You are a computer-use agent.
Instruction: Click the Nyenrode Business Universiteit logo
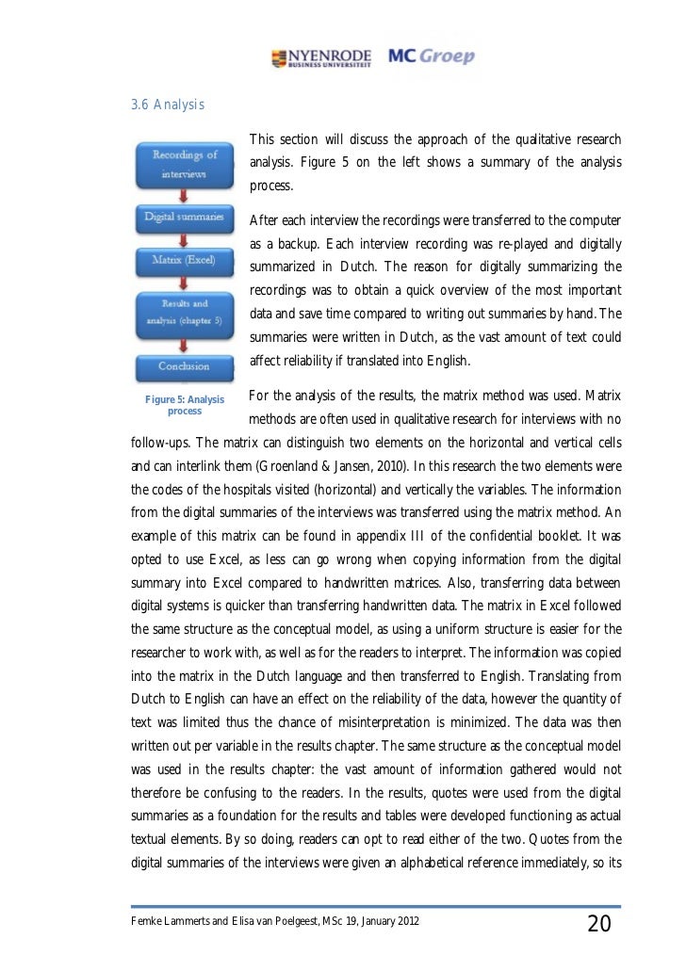point(319,57)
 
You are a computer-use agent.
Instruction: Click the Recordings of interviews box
point(186,164)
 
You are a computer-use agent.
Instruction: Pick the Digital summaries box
point(185,217)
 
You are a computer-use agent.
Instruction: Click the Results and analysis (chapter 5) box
point(185,311)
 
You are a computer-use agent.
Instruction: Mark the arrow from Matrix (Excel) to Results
point(185,280)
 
